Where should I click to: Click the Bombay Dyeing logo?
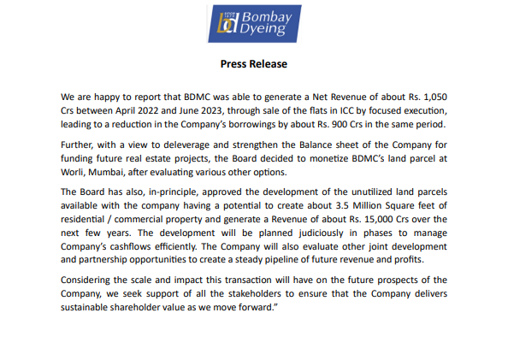pyautogui.click(x=253, y=26)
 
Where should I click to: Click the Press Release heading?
pyautogui.click(x=253, y=64)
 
